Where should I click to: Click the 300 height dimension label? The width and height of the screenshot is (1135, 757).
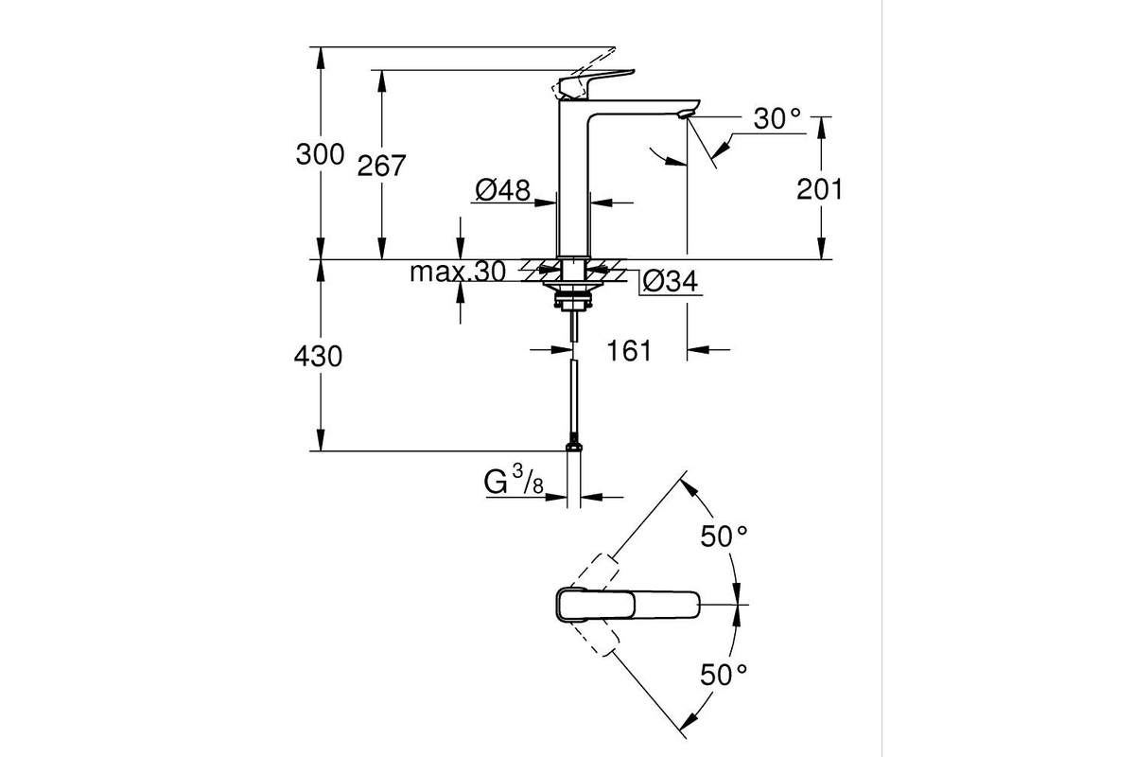pyautogui.click(x=320, y=154)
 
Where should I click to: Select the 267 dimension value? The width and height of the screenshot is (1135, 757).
pyautogui.click(x=381, y=166)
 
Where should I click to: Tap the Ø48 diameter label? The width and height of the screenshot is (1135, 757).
pyautogui.click(x=502, y=190)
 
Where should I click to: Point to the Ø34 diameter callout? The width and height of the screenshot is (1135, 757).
pyautogui.click(x=670, y=282)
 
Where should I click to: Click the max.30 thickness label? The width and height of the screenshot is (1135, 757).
pyautogui.click(x=458, y=272)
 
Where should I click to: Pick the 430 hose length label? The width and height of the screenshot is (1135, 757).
pyautogui.click(x=318, y=357)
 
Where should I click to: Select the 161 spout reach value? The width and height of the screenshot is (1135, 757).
pyautogui.click(x=629, y=351)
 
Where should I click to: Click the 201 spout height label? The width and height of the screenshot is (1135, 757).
pyautogui.click(x=819, y=189)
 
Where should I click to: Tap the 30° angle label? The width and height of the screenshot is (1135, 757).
pyautogui.click(x=777, y=119)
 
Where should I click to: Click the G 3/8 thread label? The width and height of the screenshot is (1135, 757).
pyautogui.click(x=514, y=481)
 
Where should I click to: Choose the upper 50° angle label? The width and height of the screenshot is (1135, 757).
pyautogui.click(x=724, y=537)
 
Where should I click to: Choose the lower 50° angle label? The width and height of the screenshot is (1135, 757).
pyautogui.click(x=724, y=675)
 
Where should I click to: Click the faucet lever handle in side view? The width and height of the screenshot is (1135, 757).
pyautogui.click(x=596, y=83)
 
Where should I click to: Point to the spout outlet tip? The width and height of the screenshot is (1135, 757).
pyautogui.click(x=685, y=115)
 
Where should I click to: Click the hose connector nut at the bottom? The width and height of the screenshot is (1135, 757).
pyautogui.click(x=573, y=447)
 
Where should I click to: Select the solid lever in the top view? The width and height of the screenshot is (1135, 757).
pyautogui.click(x=627, y=605)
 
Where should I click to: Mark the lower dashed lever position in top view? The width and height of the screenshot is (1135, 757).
pyautogui.click(x=595, y=639)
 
